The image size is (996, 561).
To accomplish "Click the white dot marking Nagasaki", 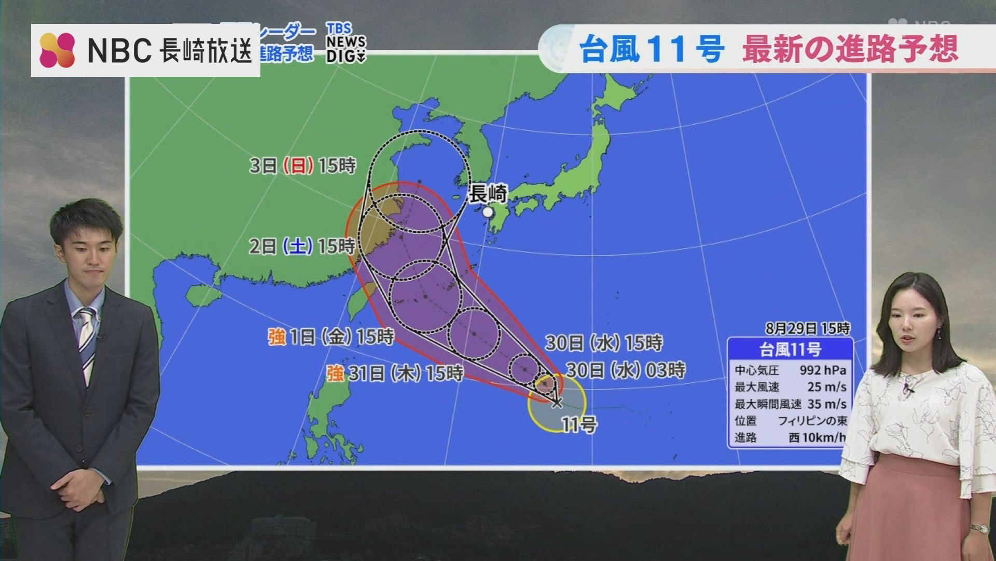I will (488, 212).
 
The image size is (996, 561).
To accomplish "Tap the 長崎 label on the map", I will (488, 194).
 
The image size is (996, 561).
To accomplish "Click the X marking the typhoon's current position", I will (557, 402).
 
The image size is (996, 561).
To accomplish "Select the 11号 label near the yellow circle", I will (579, 425).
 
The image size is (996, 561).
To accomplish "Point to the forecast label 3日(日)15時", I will (303, 166).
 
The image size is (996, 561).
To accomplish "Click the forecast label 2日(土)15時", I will (302, 246).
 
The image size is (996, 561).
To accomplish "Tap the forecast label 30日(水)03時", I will (626, 370).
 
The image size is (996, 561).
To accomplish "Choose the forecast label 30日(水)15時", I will (604, 343).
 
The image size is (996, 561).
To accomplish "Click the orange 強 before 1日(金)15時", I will (276, 337).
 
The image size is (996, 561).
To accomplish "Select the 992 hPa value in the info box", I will (823, 370).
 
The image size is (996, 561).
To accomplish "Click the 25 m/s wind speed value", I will (827, 387).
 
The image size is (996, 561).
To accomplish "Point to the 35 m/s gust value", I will (827, 404).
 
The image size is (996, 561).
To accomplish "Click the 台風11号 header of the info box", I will (790, 350).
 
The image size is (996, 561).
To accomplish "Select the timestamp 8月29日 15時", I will (808, 328).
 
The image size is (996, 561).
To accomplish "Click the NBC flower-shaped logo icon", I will (57, 50).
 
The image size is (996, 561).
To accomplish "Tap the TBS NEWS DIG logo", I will (345, 43).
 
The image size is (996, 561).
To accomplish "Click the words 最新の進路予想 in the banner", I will (850, 49).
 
